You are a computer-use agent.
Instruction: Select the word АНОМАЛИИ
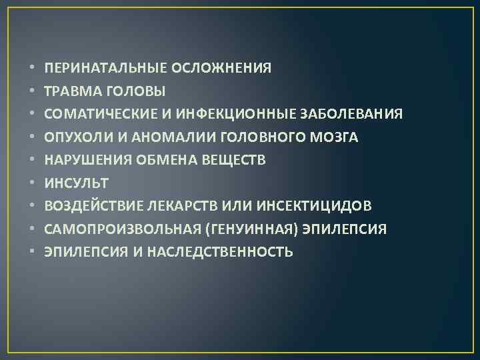(x=149, y=137)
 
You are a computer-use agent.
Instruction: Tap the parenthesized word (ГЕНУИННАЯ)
(x=252, y=229)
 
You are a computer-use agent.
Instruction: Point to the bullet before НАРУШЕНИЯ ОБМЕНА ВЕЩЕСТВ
(x=32, y=160)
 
